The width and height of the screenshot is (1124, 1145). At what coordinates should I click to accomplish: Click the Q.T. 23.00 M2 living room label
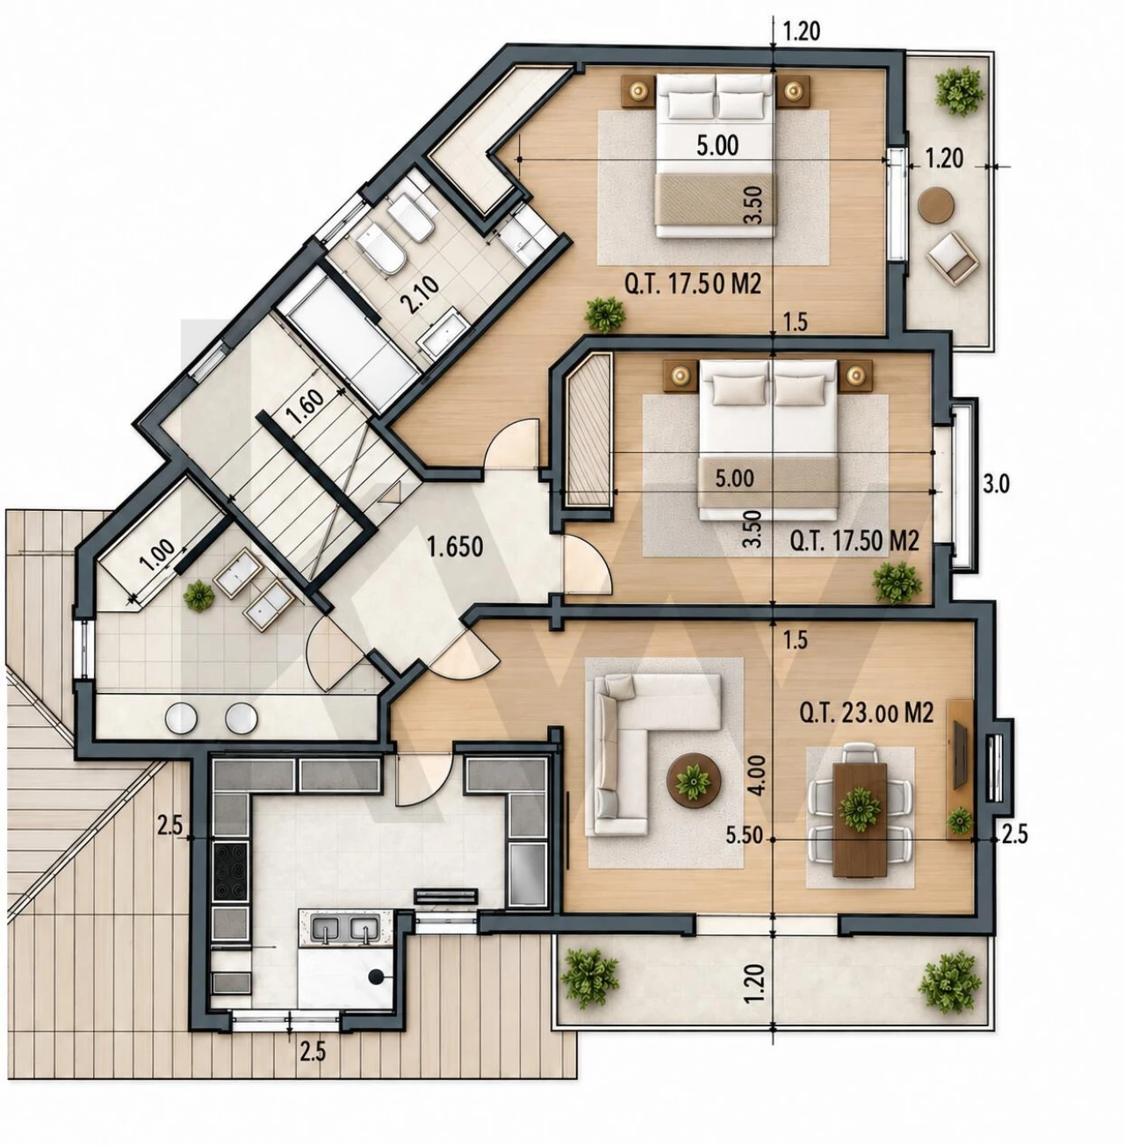[x=865, y=714]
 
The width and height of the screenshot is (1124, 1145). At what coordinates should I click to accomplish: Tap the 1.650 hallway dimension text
[x=456, y=547]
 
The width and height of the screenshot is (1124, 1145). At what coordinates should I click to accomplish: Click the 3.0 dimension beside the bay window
[x=996, y=485]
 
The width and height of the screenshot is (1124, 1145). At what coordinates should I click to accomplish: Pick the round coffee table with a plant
[x=694, y=778]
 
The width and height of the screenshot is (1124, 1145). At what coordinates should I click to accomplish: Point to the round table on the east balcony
[x=937, y=205]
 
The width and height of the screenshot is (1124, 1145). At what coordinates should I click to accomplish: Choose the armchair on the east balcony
[x=954, y=258]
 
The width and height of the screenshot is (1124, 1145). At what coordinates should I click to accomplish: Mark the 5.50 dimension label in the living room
[x=744, y=835]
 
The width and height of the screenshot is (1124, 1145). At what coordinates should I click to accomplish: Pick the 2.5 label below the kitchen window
[x=313, y=1053]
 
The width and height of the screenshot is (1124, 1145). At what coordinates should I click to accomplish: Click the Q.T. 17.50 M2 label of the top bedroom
[x=693, y=284]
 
